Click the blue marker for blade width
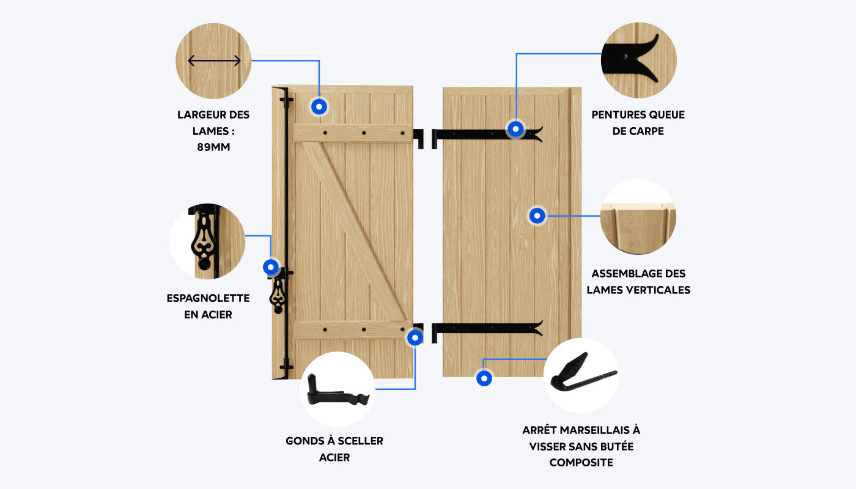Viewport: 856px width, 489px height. tap(319, 106)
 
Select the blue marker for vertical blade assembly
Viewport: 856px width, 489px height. tap(537, 215)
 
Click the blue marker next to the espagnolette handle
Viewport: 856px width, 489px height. tap(270, 267)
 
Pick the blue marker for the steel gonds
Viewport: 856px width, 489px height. tap(415, 337)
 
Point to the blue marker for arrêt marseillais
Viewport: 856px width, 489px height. tap(484, 378)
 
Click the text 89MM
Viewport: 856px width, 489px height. tap(213, 147)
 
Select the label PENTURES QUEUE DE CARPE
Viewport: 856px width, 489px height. tap(638, 123)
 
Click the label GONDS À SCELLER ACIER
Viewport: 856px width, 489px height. tap(334, 449)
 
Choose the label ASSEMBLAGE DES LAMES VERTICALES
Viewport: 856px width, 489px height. tap(638, 282)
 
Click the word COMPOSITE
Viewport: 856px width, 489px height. tap(581, 463)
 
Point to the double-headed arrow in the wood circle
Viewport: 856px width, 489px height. tap(214, 61)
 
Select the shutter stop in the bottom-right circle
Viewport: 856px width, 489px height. tap(581, 374)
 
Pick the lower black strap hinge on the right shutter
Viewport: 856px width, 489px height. tap(489, 329)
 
